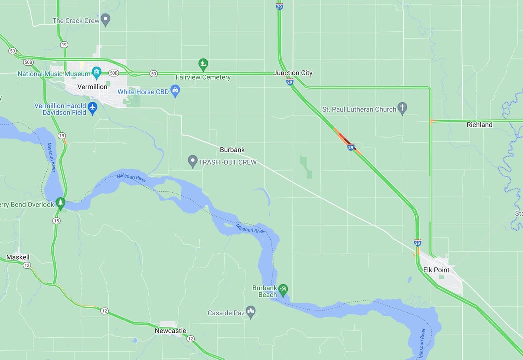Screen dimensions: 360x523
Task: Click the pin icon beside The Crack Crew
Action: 105,20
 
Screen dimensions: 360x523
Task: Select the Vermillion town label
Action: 92,87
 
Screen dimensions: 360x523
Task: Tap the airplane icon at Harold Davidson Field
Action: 92,107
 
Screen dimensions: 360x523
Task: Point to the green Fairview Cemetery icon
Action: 203,64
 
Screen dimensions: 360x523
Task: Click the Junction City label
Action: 293,73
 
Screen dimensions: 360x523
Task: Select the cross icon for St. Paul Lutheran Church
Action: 402,108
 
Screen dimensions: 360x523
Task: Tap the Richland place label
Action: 479,125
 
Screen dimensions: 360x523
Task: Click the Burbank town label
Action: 232,150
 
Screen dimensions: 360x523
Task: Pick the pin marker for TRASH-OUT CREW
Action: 193,161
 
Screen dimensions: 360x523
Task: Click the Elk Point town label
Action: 436,270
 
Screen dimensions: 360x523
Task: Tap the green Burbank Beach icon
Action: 283,289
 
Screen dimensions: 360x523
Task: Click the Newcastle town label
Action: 170,331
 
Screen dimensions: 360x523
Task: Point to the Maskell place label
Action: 18,257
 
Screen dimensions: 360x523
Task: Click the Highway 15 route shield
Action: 56,221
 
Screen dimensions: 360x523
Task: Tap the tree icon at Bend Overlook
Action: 60,203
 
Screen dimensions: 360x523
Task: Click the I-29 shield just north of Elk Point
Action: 418,243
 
